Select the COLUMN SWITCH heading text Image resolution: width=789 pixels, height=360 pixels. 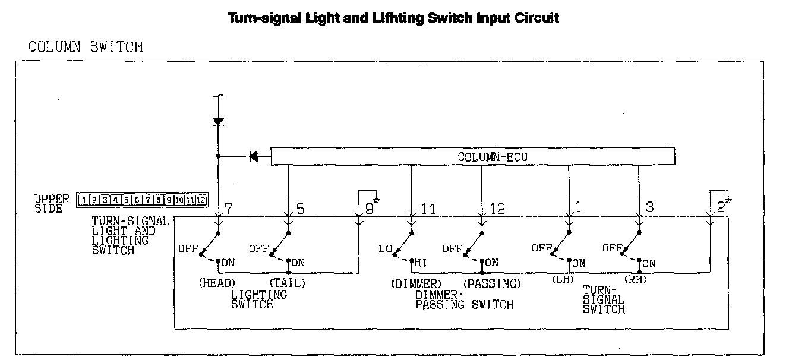86,47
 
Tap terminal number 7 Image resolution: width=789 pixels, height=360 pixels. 228,209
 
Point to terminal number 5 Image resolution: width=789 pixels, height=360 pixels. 301,209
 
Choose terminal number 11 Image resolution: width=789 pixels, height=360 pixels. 428,209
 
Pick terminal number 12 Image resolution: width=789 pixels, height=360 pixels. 498,209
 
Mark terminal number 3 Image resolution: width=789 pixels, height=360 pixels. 649,209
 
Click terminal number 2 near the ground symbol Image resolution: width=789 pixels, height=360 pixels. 720,209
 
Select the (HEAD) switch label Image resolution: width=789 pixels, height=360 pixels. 217,283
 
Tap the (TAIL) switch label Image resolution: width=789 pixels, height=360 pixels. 288,283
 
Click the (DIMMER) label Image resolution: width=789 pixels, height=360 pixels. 416,284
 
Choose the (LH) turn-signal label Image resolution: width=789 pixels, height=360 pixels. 563,279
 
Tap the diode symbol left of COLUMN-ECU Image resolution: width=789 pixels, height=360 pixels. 254,157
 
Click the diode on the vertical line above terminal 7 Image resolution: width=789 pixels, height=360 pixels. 218,121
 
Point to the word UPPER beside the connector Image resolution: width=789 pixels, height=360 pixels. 52,198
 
